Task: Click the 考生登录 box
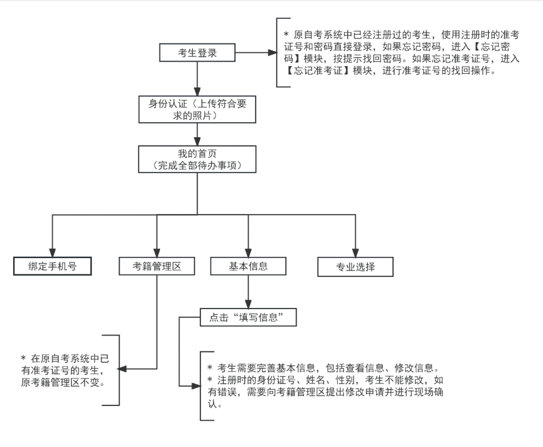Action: click(198, 54)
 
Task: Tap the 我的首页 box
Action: click(198, 159)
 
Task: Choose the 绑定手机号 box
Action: click(52, 266)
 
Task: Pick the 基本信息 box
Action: click(248, 266)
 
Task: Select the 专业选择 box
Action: click(355, 266)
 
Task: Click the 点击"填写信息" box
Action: click(248, 317)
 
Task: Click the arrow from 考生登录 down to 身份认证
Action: click(198, 78)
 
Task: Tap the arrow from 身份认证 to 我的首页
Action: click(198, 134)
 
